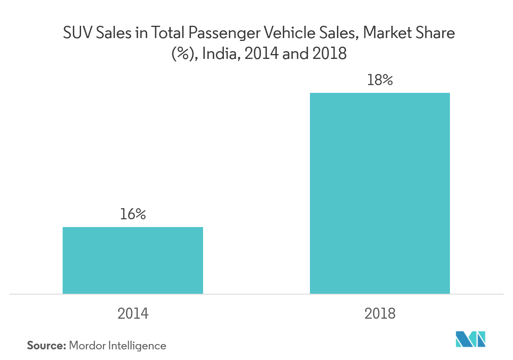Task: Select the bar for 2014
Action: pos(133,260)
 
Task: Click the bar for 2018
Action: pos(380,193)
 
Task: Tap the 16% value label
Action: pos(133,214)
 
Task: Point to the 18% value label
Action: pos(380,80)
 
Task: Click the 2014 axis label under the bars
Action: pos(133,313)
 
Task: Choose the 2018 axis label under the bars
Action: pos(380,313)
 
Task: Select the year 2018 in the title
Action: pos(329,54)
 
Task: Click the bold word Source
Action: pos(46,346)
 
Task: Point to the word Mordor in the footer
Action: pos(88,346)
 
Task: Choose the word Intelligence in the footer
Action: pos(137,346)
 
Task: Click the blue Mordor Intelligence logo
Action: pos(470,339)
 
